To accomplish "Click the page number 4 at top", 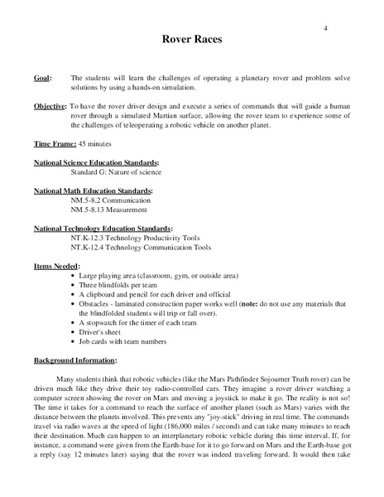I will (325, 29).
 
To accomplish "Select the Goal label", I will (42, 77).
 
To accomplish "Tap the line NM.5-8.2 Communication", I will (111, 200).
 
